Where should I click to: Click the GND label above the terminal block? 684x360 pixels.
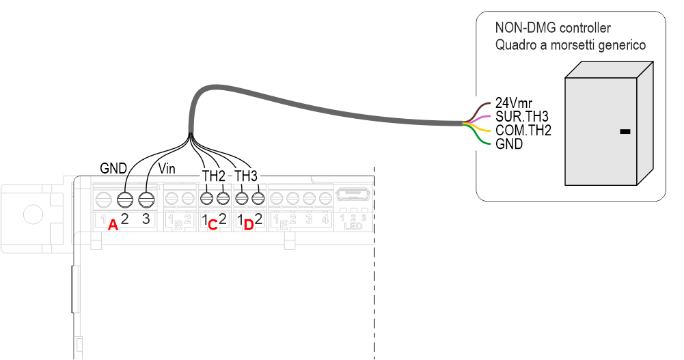[x=113, y=167]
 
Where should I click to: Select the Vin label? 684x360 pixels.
[x=167, y=168]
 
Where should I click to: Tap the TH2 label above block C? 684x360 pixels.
[x=214, y=176]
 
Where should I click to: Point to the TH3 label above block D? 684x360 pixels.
[x=246, y=176]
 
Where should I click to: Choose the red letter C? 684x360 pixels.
[x=213, y=225]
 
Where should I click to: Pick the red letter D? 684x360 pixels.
[x=249, y=225]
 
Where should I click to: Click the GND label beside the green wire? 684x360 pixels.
[x=509, y=144]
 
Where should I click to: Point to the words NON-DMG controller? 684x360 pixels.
[x=552, y=29]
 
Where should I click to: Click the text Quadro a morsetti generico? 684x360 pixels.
[x=571, y=45]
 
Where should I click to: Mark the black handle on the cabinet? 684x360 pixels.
[x=624, y=131]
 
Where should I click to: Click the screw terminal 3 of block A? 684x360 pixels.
[x=146, y=199]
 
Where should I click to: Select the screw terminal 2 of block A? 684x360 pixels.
[x=124, y=199]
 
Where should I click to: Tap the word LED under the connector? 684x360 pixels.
[x=353, y=226]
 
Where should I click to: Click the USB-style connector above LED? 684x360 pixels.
[x=353, y=195]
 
